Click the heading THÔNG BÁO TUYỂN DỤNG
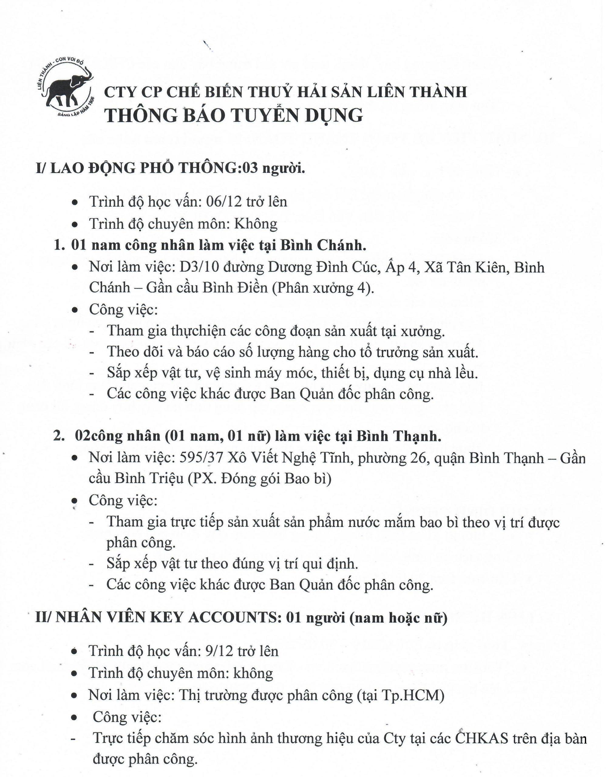coord(234,116)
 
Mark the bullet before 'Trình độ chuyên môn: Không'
coord(75,225)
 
